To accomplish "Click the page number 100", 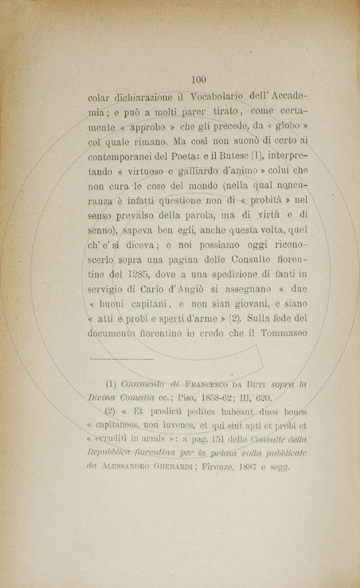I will point(199,80).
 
